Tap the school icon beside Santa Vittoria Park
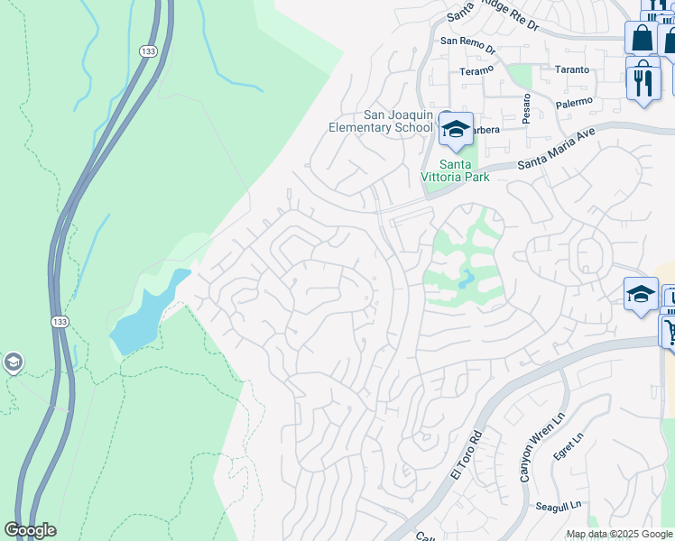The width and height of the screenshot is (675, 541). [456, 128]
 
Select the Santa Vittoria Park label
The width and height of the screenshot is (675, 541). [455, 170]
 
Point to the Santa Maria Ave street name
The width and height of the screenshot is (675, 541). [557, 148]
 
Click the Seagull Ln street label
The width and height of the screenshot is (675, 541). [558, 505]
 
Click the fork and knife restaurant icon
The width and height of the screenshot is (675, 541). [643, 83]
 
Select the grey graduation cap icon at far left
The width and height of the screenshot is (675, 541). [13, 362]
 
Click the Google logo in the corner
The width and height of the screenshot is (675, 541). [30, 530]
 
